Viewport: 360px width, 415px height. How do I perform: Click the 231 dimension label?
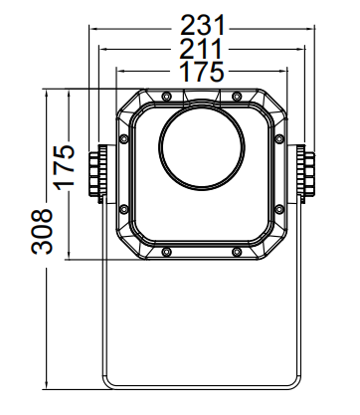click(203, 25)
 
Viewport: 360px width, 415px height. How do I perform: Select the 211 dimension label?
click(200, 49)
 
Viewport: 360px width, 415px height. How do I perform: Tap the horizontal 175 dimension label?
click(202, 71)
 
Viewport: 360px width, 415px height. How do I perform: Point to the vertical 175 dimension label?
click(65, 167)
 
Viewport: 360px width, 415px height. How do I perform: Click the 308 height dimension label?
click(42, 232)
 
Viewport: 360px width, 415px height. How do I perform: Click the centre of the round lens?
click(202, 148)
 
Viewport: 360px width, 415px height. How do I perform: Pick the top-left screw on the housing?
click(166, 97)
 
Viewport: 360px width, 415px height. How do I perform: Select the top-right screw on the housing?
click(236, 97)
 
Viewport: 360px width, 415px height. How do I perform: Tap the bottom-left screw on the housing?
click(166, 252)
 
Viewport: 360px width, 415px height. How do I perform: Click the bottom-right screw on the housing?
click(236, 252)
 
